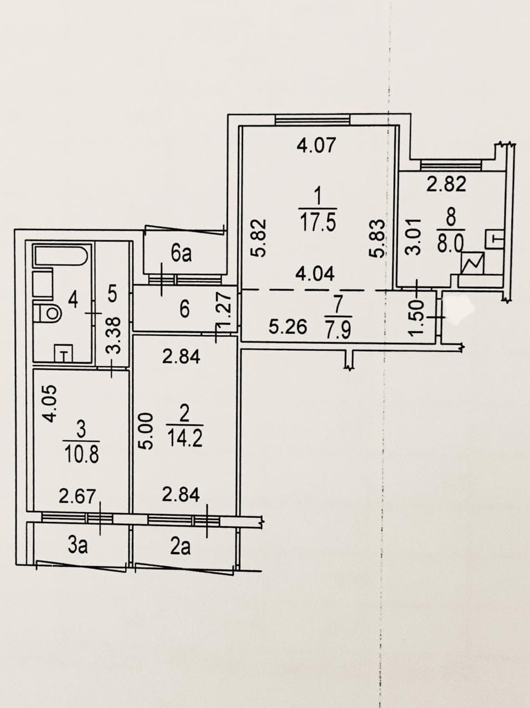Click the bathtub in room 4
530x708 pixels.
[x=60, y=256]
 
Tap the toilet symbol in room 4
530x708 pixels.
[x=48, y=312]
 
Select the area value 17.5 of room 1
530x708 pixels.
[x=318, y=222]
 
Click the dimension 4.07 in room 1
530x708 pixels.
[x=316, y=145]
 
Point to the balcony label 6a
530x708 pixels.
[x=181, y=253]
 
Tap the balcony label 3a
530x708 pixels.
[x=78, y=546]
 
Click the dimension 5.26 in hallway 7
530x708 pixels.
[x=288, y=327]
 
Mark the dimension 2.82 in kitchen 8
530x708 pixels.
[x=446, y=185]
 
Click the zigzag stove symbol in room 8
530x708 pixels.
[x=473, y=263]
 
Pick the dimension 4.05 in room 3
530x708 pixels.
[x=50, y=404]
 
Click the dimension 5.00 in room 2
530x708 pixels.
[x=145, y=431]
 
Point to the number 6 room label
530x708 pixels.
[x=184, y=311]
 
